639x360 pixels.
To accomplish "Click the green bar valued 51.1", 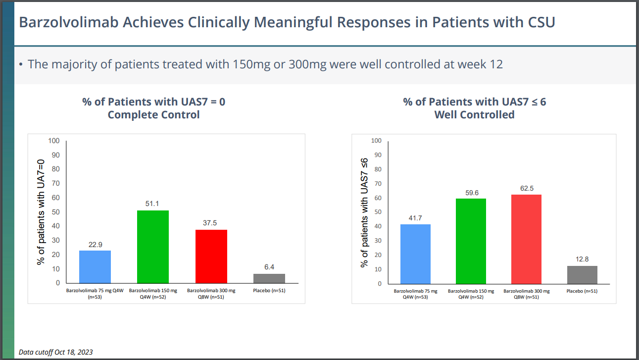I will pyautogui.click(x=152, y=247).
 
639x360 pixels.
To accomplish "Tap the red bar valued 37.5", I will pyautogui.click(x=211, y=256).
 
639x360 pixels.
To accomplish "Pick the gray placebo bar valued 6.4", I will pyautogui.click(x=269, y=278).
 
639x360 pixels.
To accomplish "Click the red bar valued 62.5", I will pyautogui.click(x=526, y=239).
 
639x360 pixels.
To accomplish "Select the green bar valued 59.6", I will pyautogui.click(x=470, y=241).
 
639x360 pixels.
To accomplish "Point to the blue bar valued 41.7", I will pyautogui.click(x=415, y=254).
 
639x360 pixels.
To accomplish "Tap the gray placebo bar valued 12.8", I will pyautogui.click(x=582, y=274).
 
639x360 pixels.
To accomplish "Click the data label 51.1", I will pyautogui.click(x=152, y=204).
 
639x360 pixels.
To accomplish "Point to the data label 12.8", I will pyautogui.click(x=582, y=259).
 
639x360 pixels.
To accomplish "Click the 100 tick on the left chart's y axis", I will pyautogui.click(x=54, y=141).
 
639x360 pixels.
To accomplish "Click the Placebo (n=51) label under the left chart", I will pyautogui.click(x=269, y=291).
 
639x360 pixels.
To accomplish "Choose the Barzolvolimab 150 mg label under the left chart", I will pyautogui.click(x=153, y=294).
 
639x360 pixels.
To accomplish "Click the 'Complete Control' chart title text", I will pyautogui.click(x=153, y=115).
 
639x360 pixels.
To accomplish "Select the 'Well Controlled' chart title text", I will pyautogui.click(x=474, y=115).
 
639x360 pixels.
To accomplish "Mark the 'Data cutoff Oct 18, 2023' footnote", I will pyautogui.click(x=55, y=352).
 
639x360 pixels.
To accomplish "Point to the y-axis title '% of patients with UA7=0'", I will pyautogui.click(x=42, y=212).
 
